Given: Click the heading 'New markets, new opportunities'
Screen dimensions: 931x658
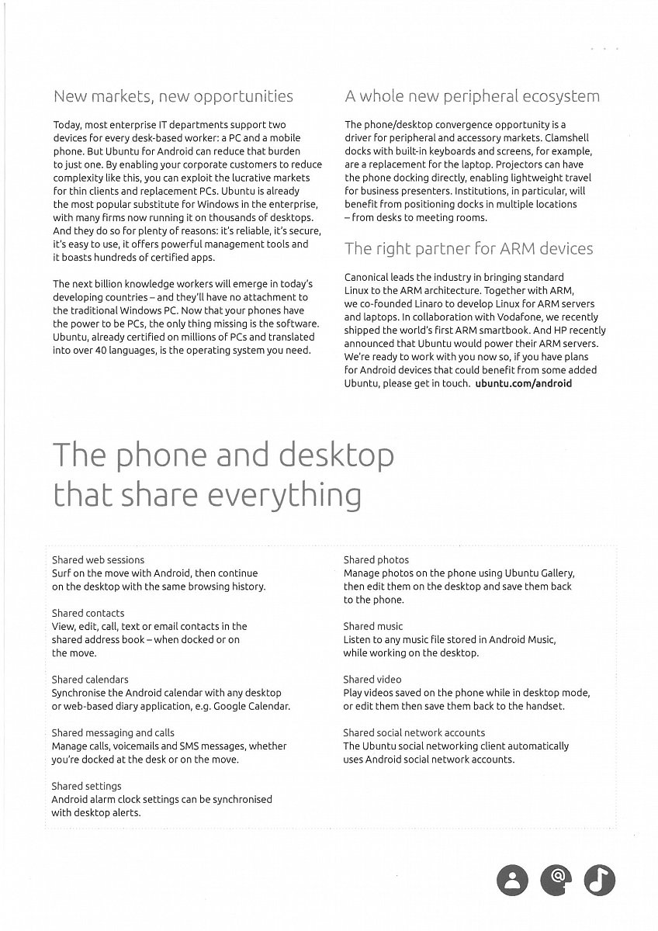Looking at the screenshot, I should tap(173, 97).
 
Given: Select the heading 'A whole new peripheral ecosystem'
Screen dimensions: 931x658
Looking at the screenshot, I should tap(472, 97).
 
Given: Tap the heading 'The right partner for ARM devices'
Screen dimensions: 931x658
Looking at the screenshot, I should tap(469, 249).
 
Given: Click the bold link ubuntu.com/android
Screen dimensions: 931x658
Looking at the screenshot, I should tap(523, 383).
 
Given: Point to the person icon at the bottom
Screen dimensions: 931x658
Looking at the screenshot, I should tap(511, 879).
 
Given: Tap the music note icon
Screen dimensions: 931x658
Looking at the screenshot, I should tap(599, 879).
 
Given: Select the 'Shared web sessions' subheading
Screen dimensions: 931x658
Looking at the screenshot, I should tap(98, 560).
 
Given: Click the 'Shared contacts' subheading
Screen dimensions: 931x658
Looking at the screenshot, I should tap(88, 614).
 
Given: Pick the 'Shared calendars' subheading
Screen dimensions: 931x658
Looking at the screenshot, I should tap(90, 680).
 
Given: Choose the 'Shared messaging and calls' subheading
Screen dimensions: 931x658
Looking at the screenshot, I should tap(113, 733).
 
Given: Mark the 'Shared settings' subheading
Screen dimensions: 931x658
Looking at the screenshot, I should tap(87, 787).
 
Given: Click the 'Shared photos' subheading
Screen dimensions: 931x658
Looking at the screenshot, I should tap(376, 560).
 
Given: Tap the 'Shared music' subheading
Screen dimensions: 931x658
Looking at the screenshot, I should tap(373, 626).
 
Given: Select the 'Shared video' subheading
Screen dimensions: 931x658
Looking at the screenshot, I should tap(372, 680).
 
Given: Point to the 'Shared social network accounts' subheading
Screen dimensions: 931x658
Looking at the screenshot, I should tap(414, 733).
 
